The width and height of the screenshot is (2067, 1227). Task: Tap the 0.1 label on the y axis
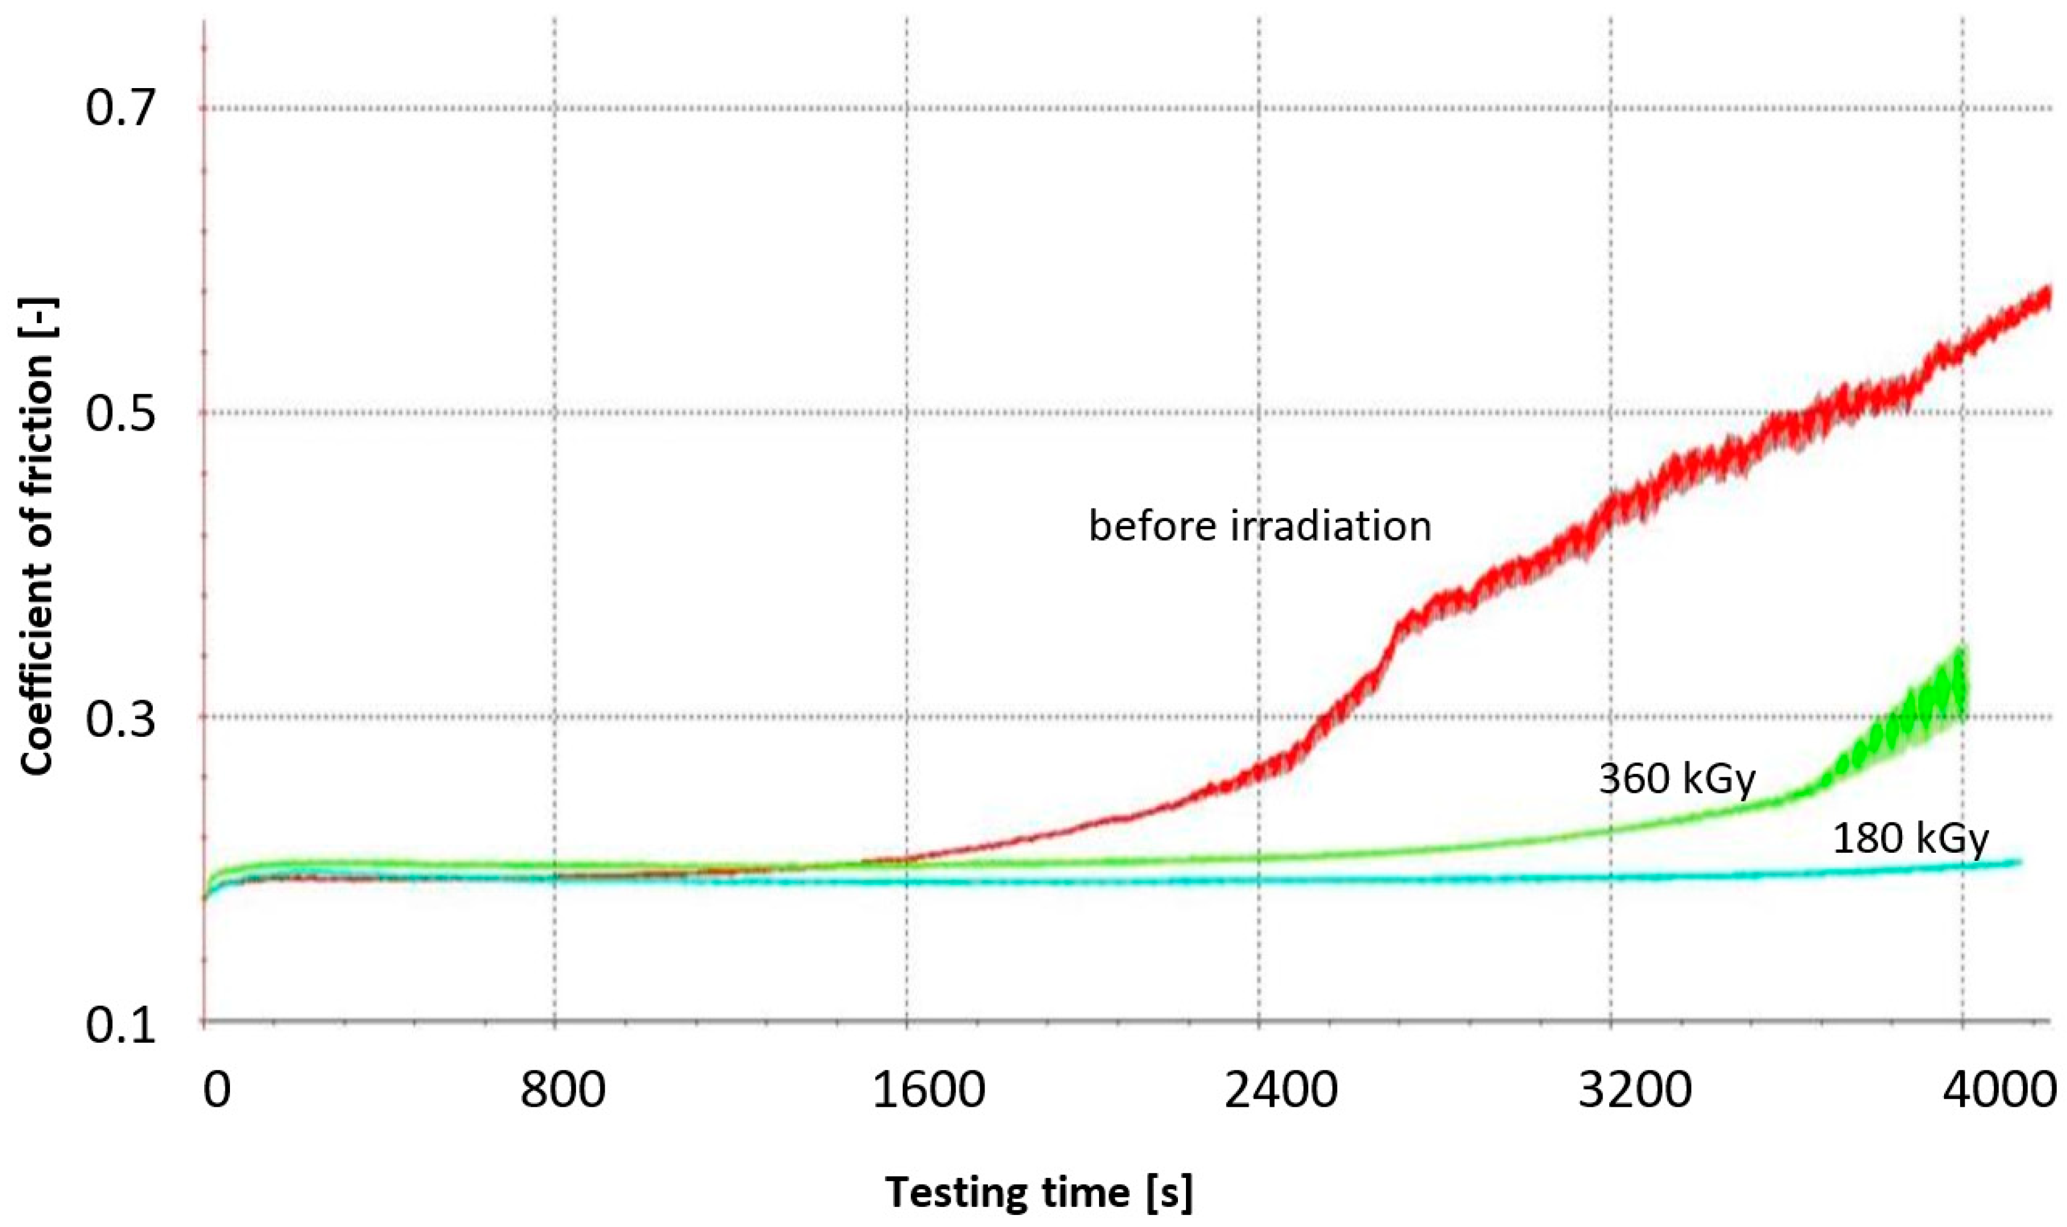(121, 1025)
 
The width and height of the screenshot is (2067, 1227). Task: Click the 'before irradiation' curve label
(1259, 526)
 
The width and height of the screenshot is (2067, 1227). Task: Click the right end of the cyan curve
(2018, 863)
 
